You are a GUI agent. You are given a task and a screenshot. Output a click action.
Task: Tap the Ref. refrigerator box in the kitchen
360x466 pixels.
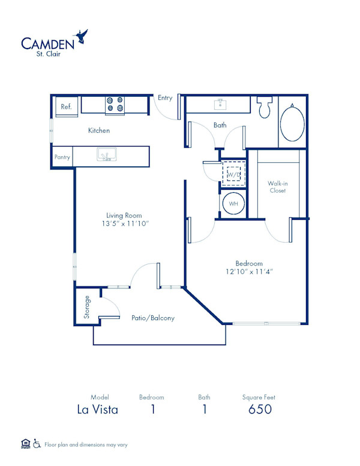click(x=65, y=107)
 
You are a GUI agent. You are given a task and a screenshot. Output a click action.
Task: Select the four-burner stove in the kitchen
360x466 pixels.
click(x=115, y=105)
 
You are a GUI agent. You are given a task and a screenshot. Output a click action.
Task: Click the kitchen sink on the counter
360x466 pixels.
click(x=107, y=155)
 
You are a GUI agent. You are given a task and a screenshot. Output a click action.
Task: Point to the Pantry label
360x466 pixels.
click(x=62, y=157)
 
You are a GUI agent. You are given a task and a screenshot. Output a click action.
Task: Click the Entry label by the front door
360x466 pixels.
click(x=164, y=98)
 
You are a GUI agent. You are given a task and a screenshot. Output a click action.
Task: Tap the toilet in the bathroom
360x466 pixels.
click(x=264, y=107)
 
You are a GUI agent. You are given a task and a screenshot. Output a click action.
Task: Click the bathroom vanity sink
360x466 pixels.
click(x=220, y=105)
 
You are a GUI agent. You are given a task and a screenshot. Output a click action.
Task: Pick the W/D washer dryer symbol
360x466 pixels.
click(x=233, y=175)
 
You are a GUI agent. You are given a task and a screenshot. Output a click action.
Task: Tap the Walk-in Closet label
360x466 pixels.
click(x=277, y=187)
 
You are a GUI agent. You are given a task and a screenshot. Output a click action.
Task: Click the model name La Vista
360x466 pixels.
click(x=97, y=410)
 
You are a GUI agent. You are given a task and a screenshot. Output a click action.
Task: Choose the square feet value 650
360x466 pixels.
click(x=260, y=410)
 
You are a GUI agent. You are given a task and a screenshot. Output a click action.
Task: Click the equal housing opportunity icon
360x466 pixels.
click(x=25, y=444)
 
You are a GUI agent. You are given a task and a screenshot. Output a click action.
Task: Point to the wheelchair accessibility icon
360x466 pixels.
click(x=36, y=444)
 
